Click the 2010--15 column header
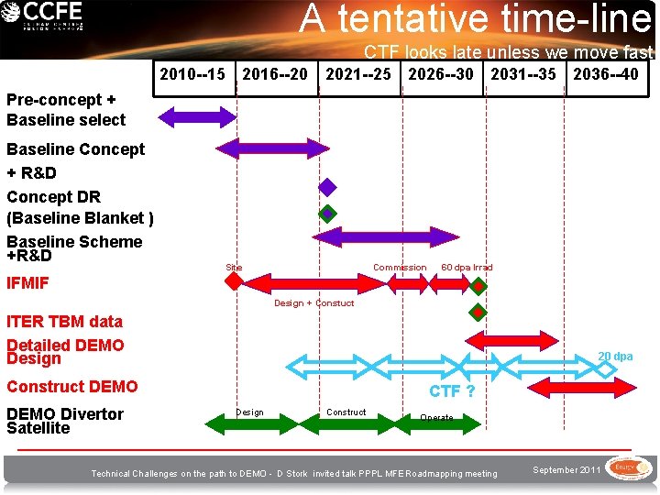click(192, 73)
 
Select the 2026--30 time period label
click(442, 73)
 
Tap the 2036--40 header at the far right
click(605, 73)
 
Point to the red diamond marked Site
click(236, 281)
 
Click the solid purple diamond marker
click(327, 188)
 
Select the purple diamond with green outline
click(327, 214)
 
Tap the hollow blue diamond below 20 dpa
click(606, 368)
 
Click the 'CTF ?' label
click(452, 391)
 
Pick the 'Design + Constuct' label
click(313, 303)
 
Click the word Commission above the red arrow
click(399, 268)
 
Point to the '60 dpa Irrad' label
click(467, 268)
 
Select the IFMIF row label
click(27, 283)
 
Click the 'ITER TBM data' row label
click(64, 321)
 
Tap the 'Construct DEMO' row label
click(71, 387)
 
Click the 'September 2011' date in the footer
click(566, 469)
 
